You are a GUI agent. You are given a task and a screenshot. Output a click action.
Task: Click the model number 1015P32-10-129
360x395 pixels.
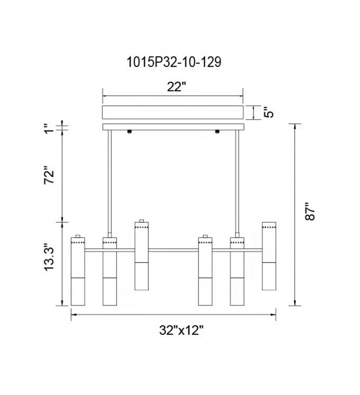[174, 62]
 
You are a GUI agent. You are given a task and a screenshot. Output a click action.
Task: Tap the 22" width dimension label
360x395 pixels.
[177, 87]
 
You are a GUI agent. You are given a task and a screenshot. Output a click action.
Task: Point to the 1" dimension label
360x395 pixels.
[49, 128]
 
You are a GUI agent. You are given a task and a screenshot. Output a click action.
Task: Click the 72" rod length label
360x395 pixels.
[49, 175]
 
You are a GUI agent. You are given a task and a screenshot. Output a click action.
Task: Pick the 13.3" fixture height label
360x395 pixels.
[49, 257]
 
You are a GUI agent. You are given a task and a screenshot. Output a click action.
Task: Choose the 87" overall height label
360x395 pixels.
[310, 212]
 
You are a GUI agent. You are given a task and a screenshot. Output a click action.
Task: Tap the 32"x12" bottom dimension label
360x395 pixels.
[181, 330]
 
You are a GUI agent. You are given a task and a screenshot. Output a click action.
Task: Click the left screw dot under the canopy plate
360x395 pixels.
[129, 132]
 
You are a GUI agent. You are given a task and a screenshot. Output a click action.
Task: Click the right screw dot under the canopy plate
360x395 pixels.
[217, 132]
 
